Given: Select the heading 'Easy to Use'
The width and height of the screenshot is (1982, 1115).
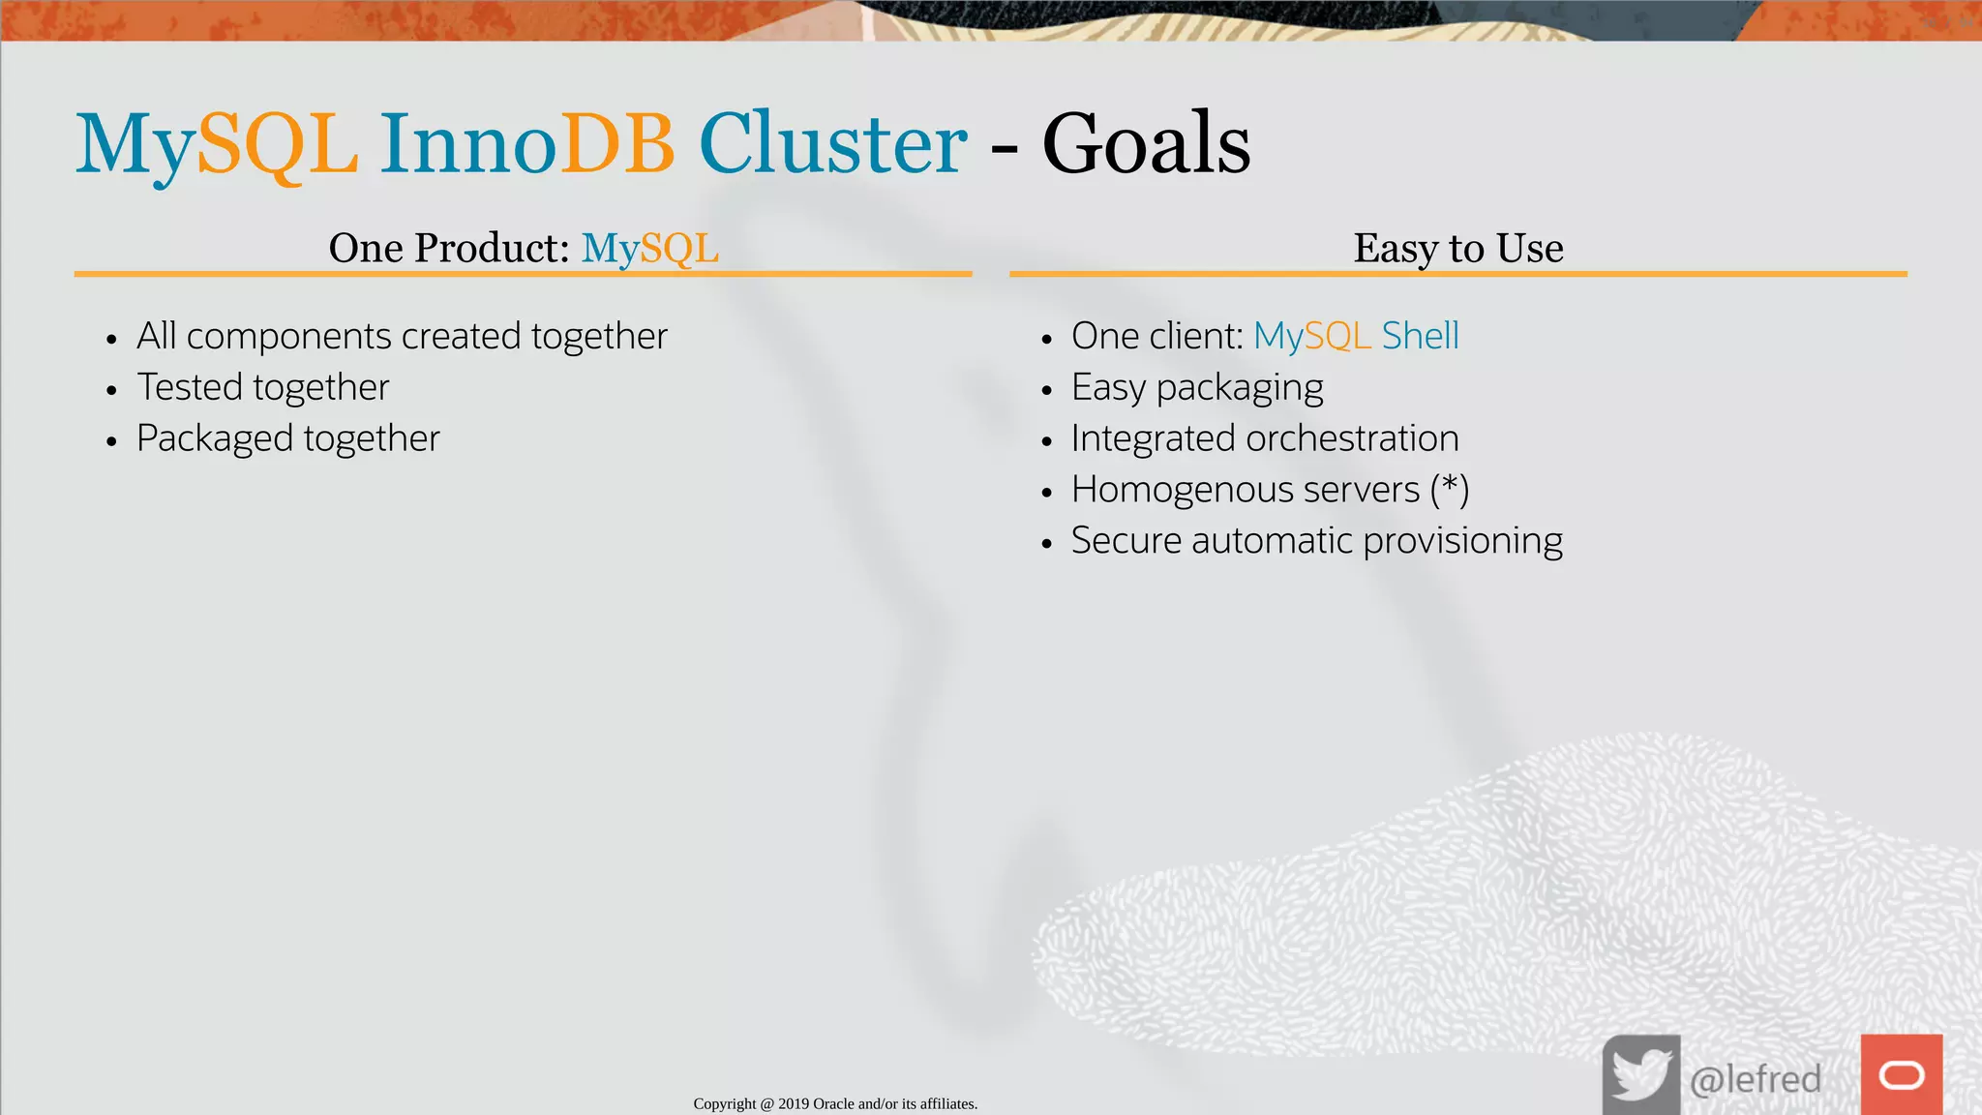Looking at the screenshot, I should pos(1457,248).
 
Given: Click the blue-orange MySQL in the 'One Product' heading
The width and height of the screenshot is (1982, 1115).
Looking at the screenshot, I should pos(649,248).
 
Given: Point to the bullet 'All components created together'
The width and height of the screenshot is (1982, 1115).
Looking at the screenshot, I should pos(402,336).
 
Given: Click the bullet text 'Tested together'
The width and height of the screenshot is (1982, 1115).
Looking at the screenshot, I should pos(262,387).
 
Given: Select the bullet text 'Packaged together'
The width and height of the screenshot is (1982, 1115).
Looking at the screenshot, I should pos(287,438).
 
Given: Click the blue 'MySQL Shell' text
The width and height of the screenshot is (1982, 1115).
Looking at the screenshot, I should pos(1356,336).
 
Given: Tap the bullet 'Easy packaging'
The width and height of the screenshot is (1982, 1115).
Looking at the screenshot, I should pos(1197,387).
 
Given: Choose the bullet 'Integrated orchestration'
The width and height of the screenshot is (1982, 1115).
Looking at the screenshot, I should pos(1265,438).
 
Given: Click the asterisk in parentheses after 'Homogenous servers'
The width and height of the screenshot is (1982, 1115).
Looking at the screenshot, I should pos(1449,487).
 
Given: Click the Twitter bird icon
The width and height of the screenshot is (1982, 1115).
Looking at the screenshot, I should pos(1640,1074).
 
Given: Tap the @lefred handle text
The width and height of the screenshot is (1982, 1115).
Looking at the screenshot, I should pos(1755,1078).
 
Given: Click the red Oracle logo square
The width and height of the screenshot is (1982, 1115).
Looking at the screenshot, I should pos(1901,1074).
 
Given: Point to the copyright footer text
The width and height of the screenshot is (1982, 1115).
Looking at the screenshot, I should pos(835,1103).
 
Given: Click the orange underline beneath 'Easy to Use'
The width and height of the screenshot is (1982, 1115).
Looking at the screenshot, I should pos(1457,274).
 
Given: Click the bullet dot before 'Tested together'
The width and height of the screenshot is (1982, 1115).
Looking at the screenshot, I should pos(112,390).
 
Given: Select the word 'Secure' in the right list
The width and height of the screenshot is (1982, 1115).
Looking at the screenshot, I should pos(1126,541).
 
